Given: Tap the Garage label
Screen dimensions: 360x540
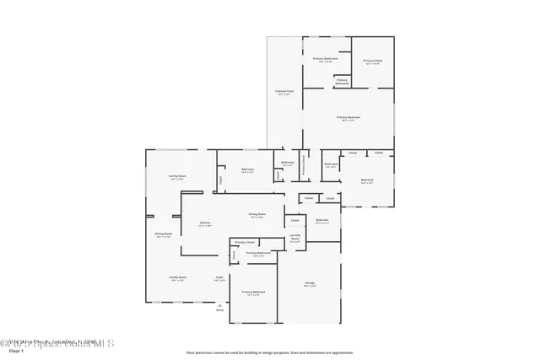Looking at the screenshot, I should pyautogui.click(x=309, y=284).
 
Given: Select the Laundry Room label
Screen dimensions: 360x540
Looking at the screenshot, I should pyautogui.click(x=295, y=239).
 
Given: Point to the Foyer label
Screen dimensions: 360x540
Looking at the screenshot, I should pyautogui.click(x=219, y=277).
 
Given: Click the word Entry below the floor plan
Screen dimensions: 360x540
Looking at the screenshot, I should pyautogui.click(x=220, y=310).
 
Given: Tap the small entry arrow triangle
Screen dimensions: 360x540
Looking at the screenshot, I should pyautogui.click(x=220, y=304).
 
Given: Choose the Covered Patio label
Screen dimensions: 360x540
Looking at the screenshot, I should pyautogui.click(x=284, y=91).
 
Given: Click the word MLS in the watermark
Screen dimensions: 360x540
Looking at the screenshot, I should pyautogui.click(x=102, y=343).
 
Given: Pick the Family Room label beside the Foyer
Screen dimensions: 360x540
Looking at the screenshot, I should pyautogui.click(x=177, y=277).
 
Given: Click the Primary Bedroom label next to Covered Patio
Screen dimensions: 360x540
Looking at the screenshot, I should pyautogui.click(x=348, y=118).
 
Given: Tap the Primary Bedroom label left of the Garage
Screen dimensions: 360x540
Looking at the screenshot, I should pyautogui.click(x=254, y=292).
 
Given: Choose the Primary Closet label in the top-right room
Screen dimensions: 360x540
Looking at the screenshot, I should pyautogui.click(x=372, y=61).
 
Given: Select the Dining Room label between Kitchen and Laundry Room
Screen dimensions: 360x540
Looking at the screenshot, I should pyautogui.click(x=257, y=215).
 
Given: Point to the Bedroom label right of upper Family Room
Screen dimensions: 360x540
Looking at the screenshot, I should pyautogui.click(x=248, y=169).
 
